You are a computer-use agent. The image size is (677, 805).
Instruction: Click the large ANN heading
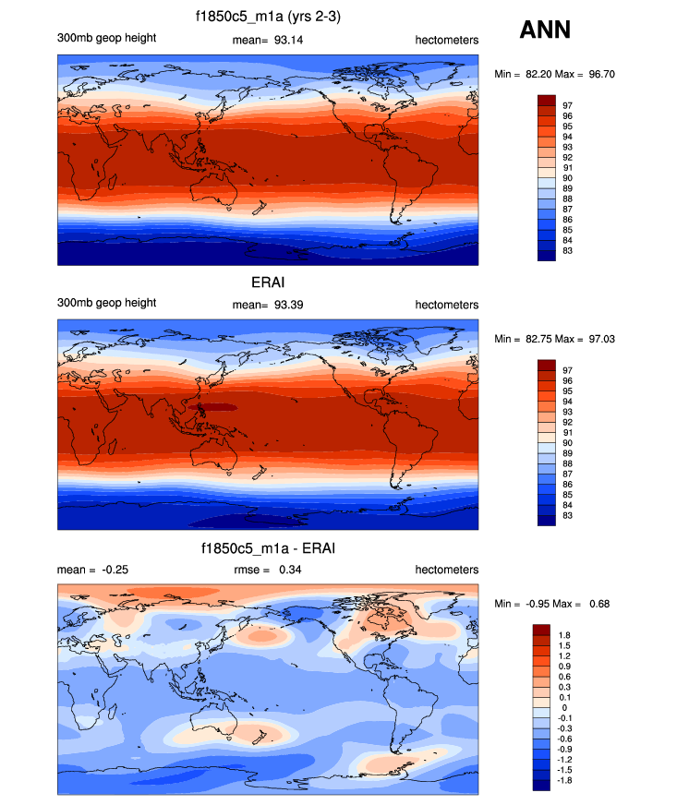(x=545, y=30)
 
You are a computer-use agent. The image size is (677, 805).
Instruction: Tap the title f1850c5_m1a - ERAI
(x=268, y=549)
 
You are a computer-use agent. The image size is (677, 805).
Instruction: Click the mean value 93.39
(x=284, y=305)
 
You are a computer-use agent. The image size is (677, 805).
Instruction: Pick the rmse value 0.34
(x=289, y=570)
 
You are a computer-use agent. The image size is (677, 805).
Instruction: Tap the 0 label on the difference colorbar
(x=565, y=707)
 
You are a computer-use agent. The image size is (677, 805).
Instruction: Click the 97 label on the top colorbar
(x=568, y=106)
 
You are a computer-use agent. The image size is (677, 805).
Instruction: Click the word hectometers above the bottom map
(x=447, y=570)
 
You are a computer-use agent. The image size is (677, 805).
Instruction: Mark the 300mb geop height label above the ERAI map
(x=106, y=303)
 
